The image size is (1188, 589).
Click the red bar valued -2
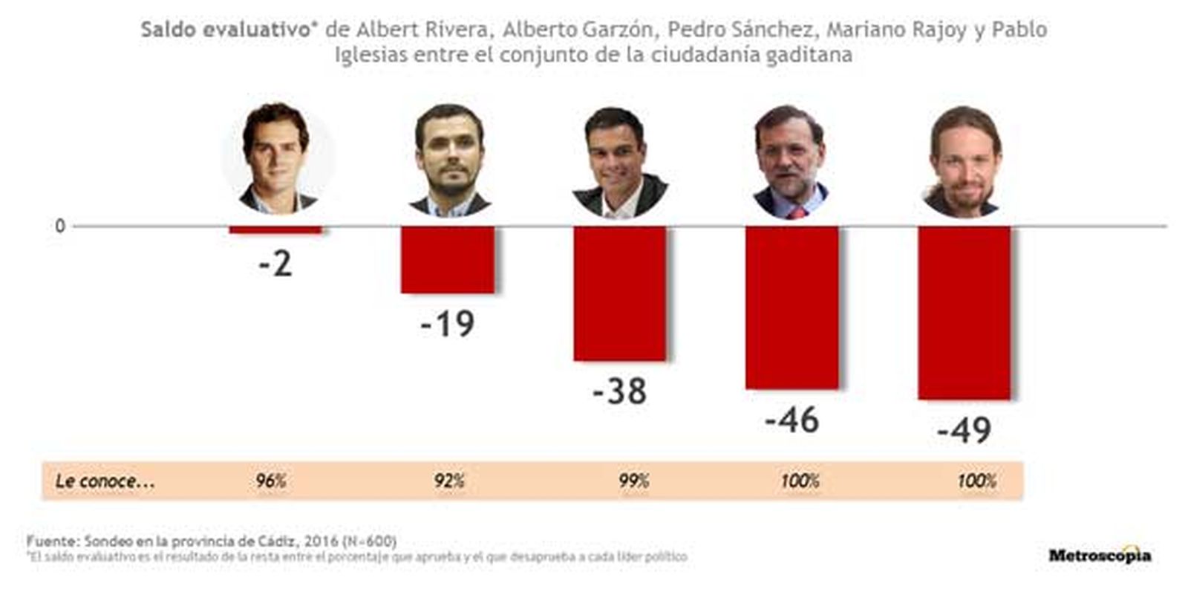[275, 230]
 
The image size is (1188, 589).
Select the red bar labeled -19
[448, 259]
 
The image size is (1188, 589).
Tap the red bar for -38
[620, 293]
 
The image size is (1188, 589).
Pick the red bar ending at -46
[792, 307]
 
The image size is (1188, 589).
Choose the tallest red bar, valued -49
[965, 313]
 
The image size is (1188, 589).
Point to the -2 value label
[275, 264]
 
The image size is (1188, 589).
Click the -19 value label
[447, 324]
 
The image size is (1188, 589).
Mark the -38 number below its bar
[619, 391]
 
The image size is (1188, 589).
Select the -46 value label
[792, 420]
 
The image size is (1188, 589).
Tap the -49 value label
[964, 430]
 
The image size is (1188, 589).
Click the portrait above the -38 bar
[620, 163]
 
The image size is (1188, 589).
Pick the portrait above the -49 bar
[964, 163]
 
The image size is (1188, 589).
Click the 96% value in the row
[271, 481]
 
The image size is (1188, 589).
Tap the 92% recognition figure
[449, 481]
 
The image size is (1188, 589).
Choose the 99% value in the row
[634, 481]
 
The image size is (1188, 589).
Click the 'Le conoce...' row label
[105, 481]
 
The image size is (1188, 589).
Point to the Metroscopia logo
[1100, 555]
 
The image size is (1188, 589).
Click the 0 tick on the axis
[60, 226]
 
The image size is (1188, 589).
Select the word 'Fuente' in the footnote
[51, 541]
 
